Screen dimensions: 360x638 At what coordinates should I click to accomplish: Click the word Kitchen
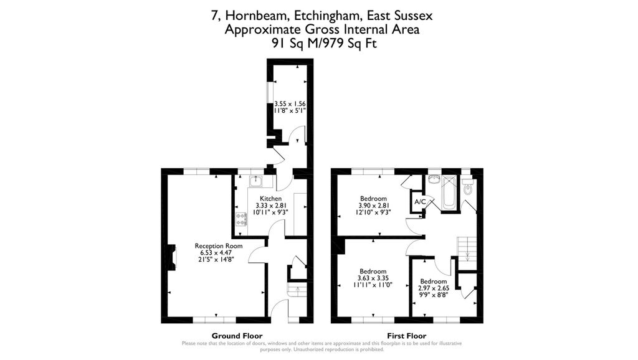pyautogui.click(x=270, y=199)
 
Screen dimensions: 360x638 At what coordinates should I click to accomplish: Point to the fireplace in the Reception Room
pyautogui.click(x=169, y=257)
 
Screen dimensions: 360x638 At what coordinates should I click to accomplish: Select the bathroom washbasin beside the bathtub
pyautogui.click(x=433, y=181)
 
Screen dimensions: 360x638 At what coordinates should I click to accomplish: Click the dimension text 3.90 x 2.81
pyautogui.click(x=373, y=206)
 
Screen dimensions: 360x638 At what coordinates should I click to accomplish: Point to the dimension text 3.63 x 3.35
pyautogui.click(x=373, y=278)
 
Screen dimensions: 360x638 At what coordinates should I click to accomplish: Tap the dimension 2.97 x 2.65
pyautogui.click(x=433, y=288)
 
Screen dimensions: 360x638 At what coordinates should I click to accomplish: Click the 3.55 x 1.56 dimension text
pyautogui.click(x=290, y=103)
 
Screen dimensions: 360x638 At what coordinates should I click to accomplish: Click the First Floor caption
pyautogui.click(x=406, y=335)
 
